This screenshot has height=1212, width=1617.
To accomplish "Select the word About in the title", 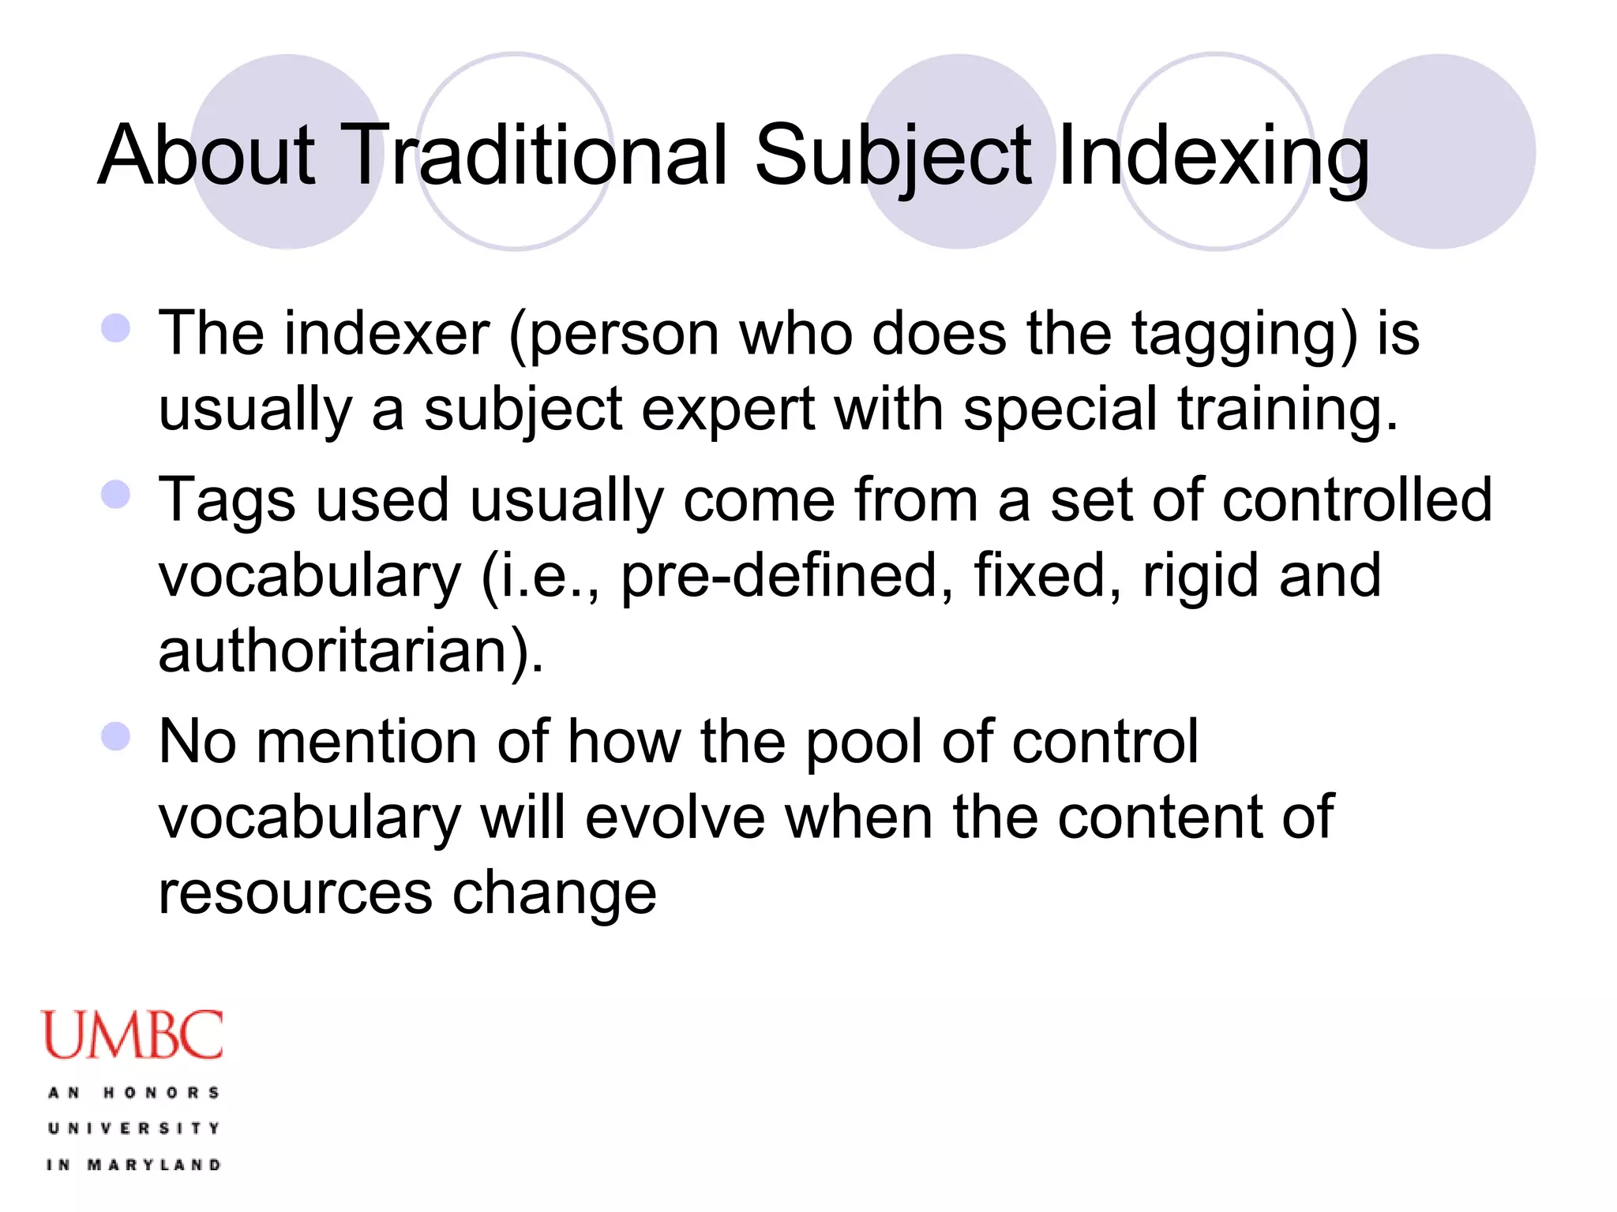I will [x=207, y=155].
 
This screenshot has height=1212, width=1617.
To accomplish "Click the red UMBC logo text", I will [x=132, y=1035].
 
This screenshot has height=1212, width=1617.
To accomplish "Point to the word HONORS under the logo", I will [x=161, y=1093].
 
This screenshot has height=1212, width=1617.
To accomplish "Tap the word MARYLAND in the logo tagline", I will [x=154, y=1165].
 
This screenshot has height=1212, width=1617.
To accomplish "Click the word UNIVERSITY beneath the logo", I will [x=133, y=1128].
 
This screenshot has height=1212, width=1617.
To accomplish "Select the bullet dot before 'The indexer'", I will [x=116, y=327].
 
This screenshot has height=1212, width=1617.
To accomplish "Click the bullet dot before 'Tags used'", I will [x=116, y=495].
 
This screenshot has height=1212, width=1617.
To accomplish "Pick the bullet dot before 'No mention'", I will [x=116, y=736].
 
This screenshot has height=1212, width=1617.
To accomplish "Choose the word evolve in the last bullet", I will [x=675, y=817].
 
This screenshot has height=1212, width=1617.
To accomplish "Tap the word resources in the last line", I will [x=295, y=893].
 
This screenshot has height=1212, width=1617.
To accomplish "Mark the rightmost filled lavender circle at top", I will [x=1439, y=151].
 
